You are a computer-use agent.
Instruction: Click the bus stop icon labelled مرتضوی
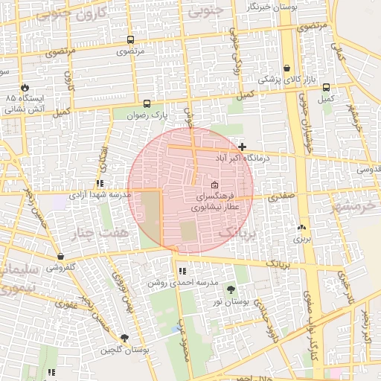[131, 40]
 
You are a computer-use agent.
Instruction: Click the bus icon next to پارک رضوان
[147, 104]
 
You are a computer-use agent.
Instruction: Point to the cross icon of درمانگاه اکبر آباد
[243, 147]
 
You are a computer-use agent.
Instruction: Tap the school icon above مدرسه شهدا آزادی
[99, 183]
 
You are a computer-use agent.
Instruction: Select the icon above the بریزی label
[301, 228]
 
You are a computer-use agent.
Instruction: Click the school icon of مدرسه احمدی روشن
[182, 271]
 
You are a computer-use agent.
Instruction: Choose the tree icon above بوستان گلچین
[124, 338]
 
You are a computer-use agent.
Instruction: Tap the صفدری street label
[283, 198]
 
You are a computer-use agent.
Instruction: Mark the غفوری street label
[66, 304]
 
